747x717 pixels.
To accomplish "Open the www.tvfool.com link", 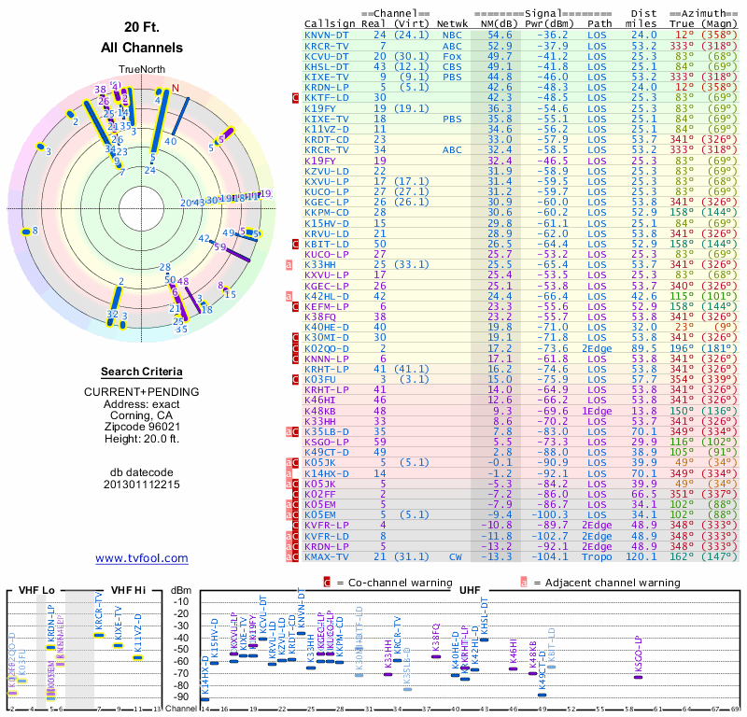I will point(141,558).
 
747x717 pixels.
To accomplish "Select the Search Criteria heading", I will point(141,372).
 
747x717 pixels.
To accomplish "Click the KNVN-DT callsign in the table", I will point(327,35).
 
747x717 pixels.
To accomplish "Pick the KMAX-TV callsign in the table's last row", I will point(327,557).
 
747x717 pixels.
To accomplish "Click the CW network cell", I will point(454,557).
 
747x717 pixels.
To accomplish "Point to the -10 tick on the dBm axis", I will point(181,601).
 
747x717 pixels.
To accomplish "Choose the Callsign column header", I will point(328,23).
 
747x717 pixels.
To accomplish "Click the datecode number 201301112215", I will point(141,485).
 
